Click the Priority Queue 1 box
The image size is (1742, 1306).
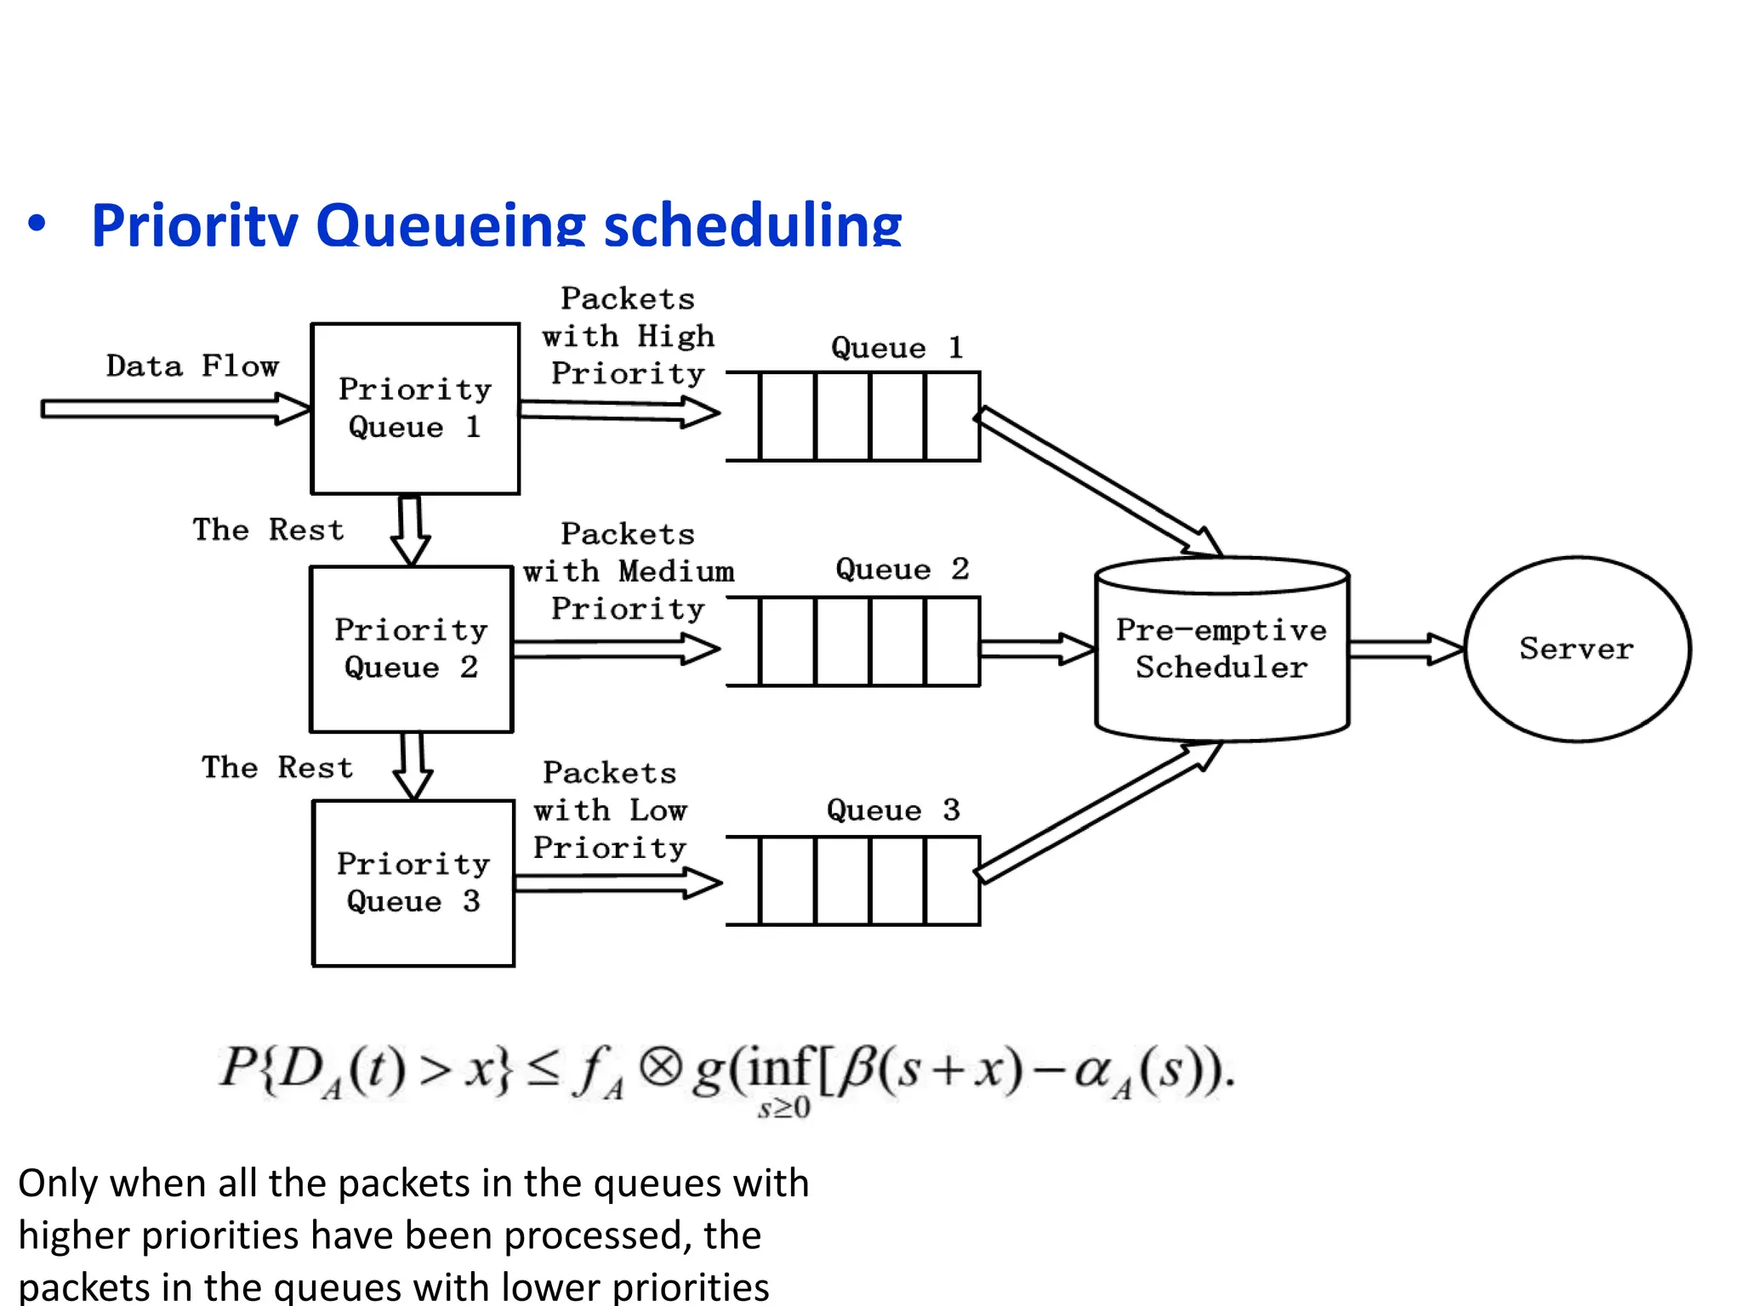click(x=415, y=408)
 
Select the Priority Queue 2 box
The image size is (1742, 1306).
click(x=412, y=649)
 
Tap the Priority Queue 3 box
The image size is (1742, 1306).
click(x=413, y=883)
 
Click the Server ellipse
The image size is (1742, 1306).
click(x=1577, y=649)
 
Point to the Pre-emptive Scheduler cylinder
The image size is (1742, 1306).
click(x=1221, y=650)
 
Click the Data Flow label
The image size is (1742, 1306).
click(x=192, y=366)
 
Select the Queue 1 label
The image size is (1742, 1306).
click(x=897, y=348)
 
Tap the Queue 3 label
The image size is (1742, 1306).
click(x=893, y=809)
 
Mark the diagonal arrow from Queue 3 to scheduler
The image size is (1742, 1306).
click(x=1097, y=813)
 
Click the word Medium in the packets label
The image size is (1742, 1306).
click(x=676, y=571)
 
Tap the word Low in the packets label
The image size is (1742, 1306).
click(x=658, y=810)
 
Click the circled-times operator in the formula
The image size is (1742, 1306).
click(x=661, y=1068)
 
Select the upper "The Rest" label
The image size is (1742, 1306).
click(x=268, y=530)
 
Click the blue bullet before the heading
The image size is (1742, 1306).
click(x=37, y=224)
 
